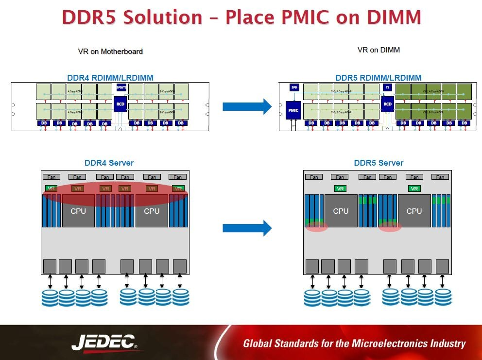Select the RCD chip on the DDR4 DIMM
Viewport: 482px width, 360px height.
pyautogui.click(x=120, y=104)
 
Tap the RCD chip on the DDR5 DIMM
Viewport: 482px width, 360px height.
pyautogui.click(x=387, y=104)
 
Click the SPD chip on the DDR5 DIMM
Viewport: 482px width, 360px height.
pyautogui.click(x=294, y=87)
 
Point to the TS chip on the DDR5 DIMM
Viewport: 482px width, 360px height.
pyautogui.click(x=387, y=87)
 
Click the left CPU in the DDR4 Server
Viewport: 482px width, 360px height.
pyautogui.click(x=78, y=211)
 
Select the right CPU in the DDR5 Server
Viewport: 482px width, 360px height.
pyautogui.click(x=414, y=211)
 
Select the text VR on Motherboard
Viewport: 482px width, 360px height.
pyautogui.click(x=110, y=51)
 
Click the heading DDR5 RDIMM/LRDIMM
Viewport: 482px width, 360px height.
pyautogui.click(x=379, y=78)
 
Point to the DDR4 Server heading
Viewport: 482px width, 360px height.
pyautogui.click(x=109, y=163)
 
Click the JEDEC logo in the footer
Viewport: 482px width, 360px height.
pyautogui.click(x=104, y=343)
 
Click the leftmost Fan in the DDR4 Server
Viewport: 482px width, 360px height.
pyautogui.click(x=51, y=177)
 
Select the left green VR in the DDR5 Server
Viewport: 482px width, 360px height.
pyautogui.click(x=341, y=189)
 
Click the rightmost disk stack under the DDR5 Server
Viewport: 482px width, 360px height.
pyautogui.click(x=443, y=297)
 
